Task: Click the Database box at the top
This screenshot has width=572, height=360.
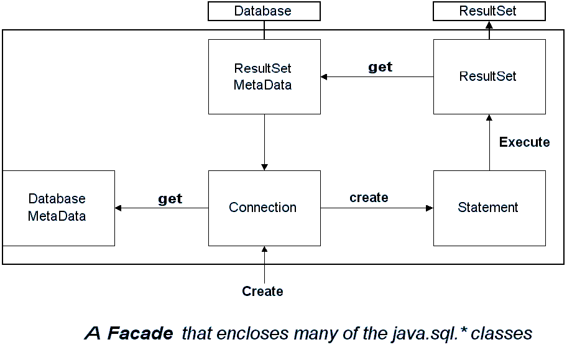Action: (x=264, y=11)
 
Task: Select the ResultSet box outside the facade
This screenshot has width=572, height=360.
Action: (x=489, y=11)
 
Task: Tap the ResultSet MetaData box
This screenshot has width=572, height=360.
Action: (x=264, y=77)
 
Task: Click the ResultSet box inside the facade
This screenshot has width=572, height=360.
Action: (x=489, y=77)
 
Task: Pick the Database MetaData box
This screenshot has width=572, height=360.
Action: (x=58, y=208)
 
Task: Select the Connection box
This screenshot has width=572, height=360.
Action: (x=264, y=208)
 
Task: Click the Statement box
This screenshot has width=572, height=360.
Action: (x=489, y=208)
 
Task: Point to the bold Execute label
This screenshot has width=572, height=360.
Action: (x=524, y=142)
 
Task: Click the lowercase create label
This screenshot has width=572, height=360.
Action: (x=369, y=197)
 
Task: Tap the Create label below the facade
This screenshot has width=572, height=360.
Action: (x=262, y=291)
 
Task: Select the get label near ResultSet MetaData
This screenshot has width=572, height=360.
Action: (x=380, y=67)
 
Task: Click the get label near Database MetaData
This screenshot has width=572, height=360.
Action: (x=170, y=199)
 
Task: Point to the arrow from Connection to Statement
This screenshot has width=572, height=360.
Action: (x=377, y=208)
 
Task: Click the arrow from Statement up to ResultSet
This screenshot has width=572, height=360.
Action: (x=489, y=142)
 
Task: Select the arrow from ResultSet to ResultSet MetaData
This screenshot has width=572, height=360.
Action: (x=377, y=77)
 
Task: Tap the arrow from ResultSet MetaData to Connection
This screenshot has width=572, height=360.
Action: (x=264, y=142)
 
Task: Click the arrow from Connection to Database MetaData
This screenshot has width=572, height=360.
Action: (x=162, y=208)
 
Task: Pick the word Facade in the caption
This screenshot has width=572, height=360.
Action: (x=140, y=333)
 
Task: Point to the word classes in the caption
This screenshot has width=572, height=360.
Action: (x=502, y=333)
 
